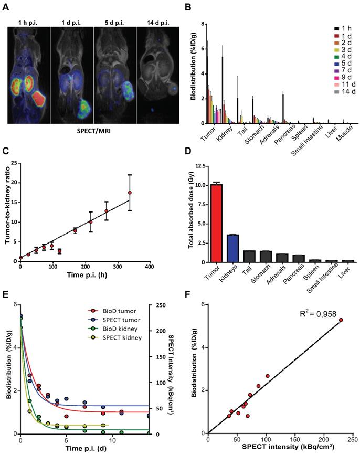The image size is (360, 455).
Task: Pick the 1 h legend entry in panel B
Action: pyautogui.click(x=341, y=28)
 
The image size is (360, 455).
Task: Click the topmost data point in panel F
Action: pyautogui.click(x=341, y=320)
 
